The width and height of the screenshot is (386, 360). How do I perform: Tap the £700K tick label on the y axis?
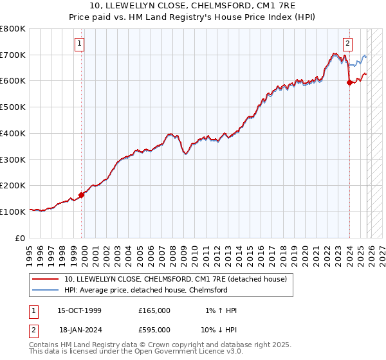[13, 55]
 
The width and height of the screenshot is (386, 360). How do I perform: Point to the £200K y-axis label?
[13, 185]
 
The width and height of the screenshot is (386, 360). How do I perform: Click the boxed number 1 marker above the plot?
[80, 44]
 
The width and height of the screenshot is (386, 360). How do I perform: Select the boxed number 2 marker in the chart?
[347, 44]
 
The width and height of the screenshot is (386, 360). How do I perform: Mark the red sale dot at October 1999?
[82, 195]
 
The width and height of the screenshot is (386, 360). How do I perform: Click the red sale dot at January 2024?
[349, 82]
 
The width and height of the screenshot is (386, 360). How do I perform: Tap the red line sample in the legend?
[46, 279]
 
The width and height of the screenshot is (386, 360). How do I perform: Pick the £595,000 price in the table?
[154, 328]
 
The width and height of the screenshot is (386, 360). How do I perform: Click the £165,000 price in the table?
[154, 310]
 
